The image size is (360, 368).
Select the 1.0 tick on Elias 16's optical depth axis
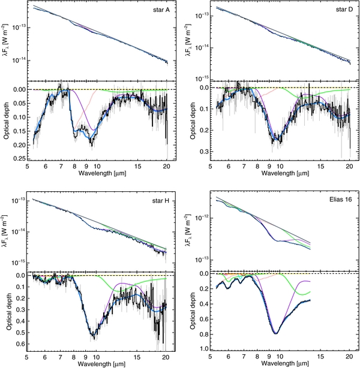click(202, 348)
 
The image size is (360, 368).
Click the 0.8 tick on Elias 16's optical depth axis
click(202, 333)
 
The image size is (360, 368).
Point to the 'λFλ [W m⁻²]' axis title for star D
click(188, 41)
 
